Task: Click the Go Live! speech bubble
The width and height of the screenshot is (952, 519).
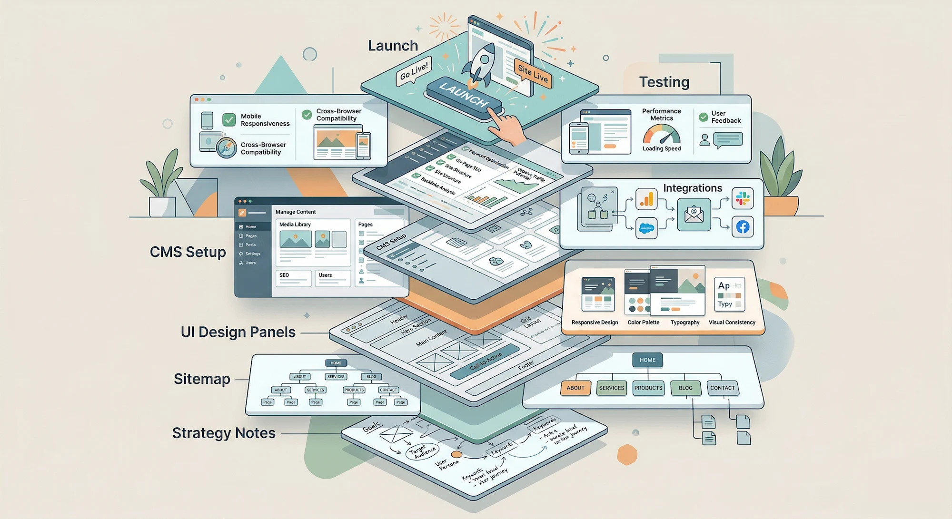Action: [x=413, y=72]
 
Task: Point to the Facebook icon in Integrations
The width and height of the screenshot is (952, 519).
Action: [x=743, y=227]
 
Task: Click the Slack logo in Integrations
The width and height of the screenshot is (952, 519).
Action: [x=743, y=198]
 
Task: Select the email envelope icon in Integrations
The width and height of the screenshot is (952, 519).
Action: [x=694, y=215]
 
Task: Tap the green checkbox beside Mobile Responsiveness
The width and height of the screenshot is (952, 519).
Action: [x=229, y=119]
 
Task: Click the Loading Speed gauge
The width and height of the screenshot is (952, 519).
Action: [x=662, y=135]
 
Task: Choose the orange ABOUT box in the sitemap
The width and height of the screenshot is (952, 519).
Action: [x=575, y=388]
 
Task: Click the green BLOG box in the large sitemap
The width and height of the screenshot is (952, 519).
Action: [x=685, y=388]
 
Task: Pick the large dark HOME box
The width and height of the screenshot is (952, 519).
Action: [x=647, y=360]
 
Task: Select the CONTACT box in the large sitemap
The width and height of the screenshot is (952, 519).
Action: [x=722, y=388]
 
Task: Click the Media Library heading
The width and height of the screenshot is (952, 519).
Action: [x=295, y=225]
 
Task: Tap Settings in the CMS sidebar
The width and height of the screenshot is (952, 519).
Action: [x=252, y=254]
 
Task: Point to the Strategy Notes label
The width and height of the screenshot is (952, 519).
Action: [x=224, y=433]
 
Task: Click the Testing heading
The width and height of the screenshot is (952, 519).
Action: [x=664, y=82]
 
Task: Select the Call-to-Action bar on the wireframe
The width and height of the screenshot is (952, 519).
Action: [x=486, y=361]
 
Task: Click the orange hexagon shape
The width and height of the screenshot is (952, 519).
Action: [x=627, y=455]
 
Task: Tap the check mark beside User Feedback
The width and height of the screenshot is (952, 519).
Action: [x=704, y=117]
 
